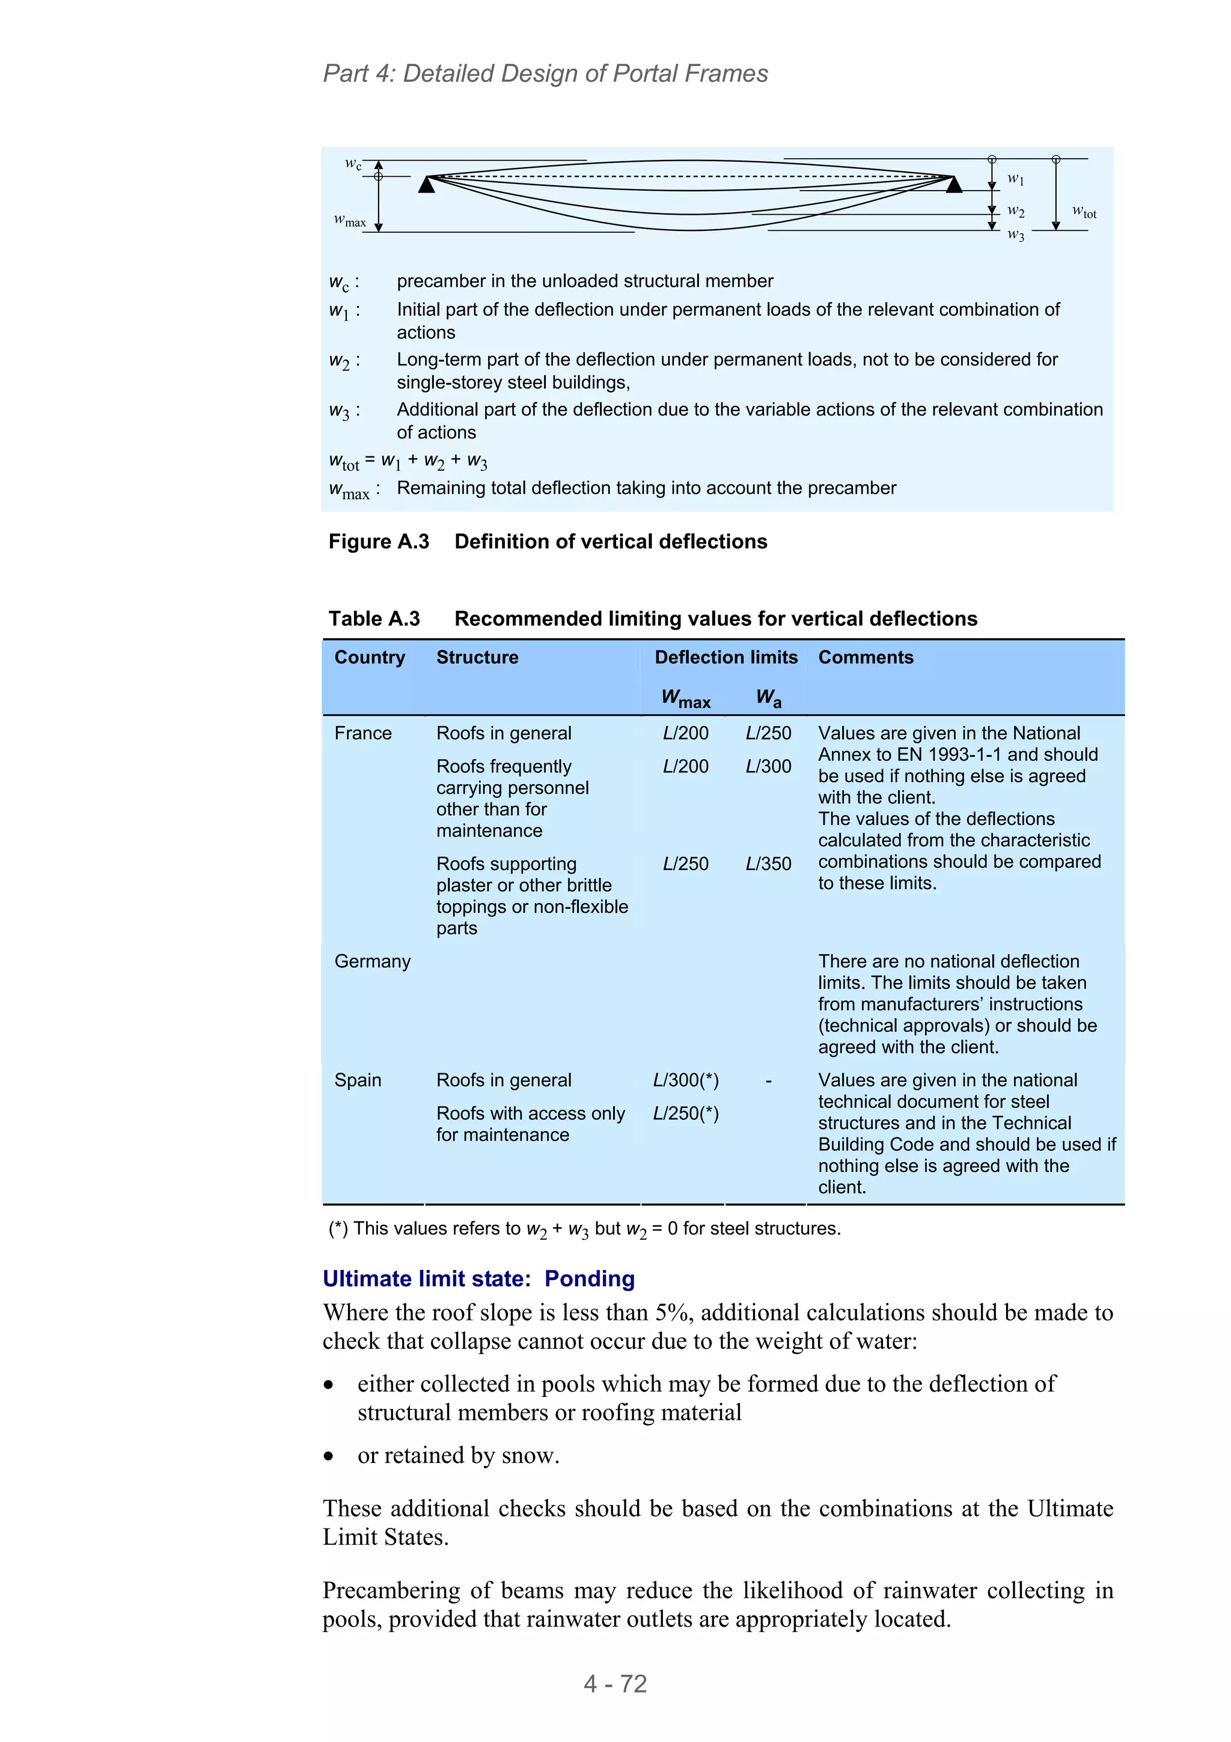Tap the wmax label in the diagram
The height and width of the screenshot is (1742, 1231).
350,221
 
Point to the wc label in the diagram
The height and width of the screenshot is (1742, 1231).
353,164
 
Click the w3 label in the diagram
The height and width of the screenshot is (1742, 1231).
1016,235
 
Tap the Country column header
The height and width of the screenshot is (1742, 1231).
370,657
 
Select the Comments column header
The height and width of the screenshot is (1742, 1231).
866,657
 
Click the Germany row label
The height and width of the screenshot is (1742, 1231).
373,961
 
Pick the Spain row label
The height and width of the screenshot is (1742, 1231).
358,1081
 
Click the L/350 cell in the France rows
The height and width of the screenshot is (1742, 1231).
768,864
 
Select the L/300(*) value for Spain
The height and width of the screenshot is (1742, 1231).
686,1081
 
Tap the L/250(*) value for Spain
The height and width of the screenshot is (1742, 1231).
686,1114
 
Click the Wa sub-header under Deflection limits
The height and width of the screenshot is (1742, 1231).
768,698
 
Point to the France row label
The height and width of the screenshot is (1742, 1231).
362,734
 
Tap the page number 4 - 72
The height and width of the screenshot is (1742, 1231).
615,1684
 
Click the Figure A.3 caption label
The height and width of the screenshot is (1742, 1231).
379,542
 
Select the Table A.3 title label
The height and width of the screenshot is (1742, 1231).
374,619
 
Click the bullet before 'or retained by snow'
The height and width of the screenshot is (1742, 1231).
328,1456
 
